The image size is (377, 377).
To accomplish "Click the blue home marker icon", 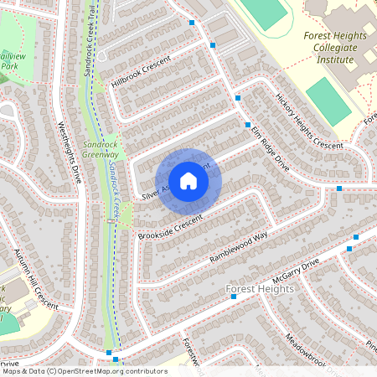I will click(188, 180).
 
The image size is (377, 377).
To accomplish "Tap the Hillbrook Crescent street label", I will click(140, 73).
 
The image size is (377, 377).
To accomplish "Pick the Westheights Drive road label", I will click(69, 152).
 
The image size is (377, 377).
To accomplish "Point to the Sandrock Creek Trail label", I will click(89, 42).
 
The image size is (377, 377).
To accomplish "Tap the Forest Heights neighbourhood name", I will click(260, 289).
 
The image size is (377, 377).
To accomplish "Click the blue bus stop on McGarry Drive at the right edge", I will click(356, 237).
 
